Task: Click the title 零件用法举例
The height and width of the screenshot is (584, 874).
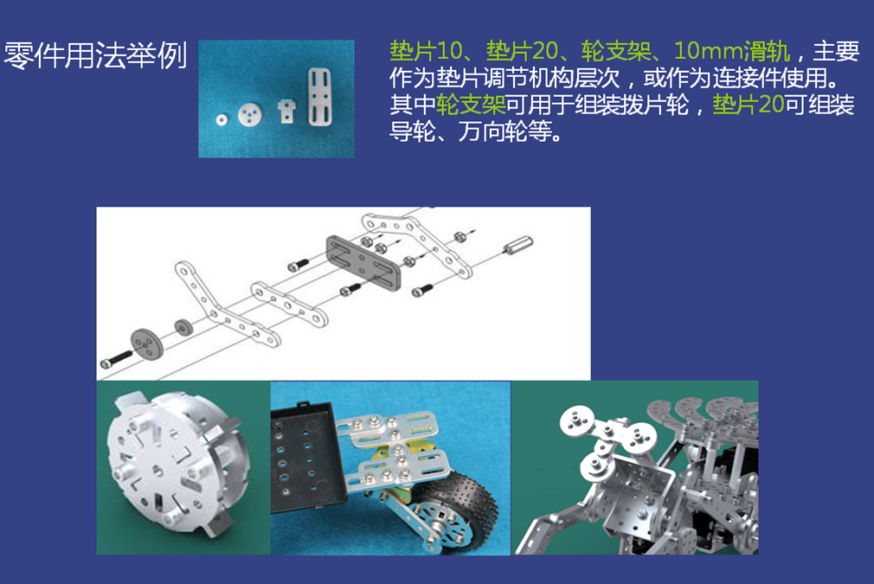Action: [95, 55]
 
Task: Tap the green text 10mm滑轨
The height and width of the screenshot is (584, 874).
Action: [732, 52]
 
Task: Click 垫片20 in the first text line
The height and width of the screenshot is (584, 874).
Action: [523, 52]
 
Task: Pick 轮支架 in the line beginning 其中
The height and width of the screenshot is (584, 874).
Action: [471, 106]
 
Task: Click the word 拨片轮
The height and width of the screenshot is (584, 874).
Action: [656, 106]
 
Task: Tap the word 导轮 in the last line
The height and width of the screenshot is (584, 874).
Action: [412, 132]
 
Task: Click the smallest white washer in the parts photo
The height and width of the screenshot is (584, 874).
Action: [222, 119]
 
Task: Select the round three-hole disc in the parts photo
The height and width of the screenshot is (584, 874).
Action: [249, 115]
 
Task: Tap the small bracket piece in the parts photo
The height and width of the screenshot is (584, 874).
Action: [286, 111]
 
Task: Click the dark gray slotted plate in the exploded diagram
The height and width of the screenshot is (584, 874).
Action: [363, 262]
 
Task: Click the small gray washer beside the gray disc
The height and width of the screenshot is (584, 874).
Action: [183, 327]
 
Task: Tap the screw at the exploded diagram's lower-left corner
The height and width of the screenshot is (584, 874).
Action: [116, 359]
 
